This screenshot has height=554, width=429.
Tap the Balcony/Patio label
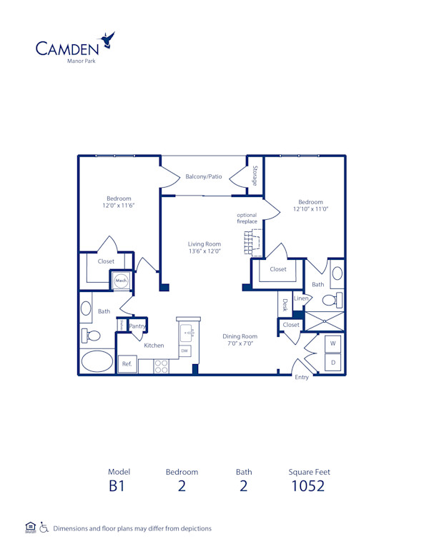(204, 176)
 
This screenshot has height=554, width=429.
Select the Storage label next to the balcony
(255, 176)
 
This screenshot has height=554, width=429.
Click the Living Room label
(204, 248)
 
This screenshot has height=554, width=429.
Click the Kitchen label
(154, 346)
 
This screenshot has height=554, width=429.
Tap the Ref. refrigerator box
(127, 364)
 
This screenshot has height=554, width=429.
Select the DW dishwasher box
(184, 351)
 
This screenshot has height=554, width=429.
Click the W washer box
(332, 343)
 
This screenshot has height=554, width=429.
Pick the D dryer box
(332, 363)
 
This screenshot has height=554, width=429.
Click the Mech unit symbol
(122, 281)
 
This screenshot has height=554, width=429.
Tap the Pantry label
(138, 326)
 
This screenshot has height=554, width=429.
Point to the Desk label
(284, 305)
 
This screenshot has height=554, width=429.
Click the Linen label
(300, 298)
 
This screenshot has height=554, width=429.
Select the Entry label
(302, 377)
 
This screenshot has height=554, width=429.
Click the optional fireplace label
(247, 218)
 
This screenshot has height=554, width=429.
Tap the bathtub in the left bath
(97, 361)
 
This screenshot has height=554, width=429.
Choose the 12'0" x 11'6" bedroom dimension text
(119, 206)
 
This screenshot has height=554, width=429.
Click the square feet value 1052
(308, 487)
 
